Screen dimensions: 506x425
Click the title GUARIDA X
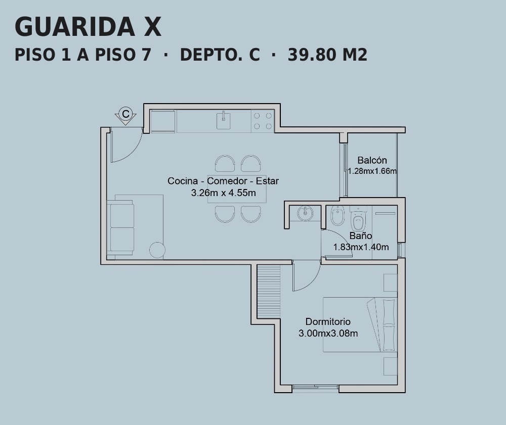[x=88, y=27]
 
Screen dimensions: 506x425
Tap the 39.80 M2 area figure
[x=327, y=55]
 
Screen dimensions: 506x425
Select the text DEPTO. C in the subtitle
[x=220, y=55]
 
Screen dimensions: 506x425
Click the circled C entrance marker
[x=125, y=114]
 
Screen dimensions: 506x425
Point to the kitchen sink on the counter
[x=223, y=120]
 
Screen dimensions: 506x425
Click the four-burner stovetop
[x=263, y=121]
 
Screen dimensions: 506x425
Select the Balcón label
[x=372, y=160]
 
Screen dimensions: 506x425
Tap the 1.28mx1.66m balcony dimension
[x=372, y=171]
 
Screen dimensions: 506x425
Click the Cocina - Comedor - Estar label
[x=223, y=181]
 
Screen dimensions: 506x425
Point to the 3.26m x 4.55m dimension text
[x=223, y=193]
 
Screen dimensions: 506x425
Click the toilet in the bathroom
[x=358, y=218]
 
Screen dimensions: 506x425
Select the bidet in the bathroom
[x=338, y=215]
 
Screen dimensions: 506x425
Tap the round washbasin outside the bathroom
[x=305, y=213]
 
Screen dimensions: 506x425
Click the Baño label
[x=360, y=236]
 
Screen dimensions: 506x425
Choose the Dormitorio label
[x=328, y=321]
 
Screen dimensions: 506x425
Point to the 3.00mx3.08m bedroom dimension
[x=328, y=333]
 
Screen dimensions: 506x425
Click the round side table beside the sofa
[x=157, y=250]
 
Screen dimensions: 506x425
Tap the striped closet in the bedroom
[x=269, y=291]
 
